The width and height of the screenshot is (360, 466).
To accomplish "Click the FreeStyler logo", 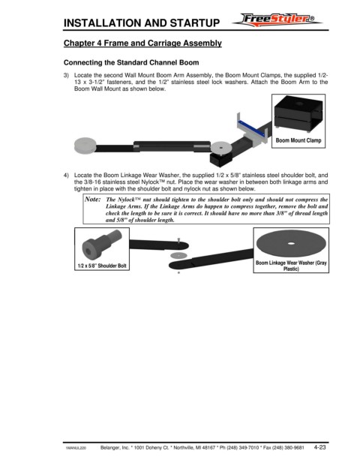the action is (277, 20).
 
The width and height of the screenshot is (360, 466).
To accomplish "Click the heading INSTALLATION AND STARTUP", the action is (142, 23).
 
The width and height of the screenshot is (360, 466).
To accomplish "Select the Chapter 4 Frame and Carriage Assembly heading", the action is (142, 43).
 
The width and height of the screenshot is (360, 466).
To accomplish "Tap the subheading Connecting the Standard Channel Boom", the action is (131, 62).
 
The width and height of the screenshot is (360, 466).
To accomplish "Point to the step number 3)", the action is (66, 75).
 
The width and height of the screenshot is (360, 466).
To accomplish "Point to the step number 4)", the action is (66, 175).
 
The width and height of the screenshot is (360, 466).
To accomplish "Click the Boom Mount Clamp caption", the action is (298, 140).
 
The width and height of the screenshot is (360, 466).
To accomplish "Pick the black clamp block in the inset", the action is (298, 113).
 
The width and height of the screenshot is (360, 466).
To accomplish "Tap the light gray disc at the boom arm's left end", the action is (85, 146).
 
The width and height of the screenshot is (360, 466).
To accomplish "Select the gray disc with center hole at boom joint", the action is (221, 148).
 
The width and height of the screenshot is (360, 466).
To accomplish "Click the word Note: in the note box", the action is (93, 199).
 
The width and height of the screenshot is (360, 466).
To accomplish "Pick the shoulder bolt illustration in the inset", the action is (101, 245).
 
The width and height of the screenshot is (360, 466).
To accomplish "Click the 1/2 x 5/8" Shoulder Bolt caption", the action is (102, 266).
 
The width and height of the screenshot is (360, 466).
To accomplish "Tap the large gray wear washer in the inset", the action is (291, 243).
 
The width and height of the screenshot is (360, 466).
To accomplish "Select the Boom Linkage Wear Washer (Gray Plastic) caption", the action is (291, 266).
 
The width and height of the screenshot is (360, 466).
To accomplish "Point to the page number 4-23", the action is (319, 447).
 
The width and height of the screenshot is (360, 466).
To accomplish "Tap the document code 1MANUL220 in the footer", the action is (76, 448).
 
